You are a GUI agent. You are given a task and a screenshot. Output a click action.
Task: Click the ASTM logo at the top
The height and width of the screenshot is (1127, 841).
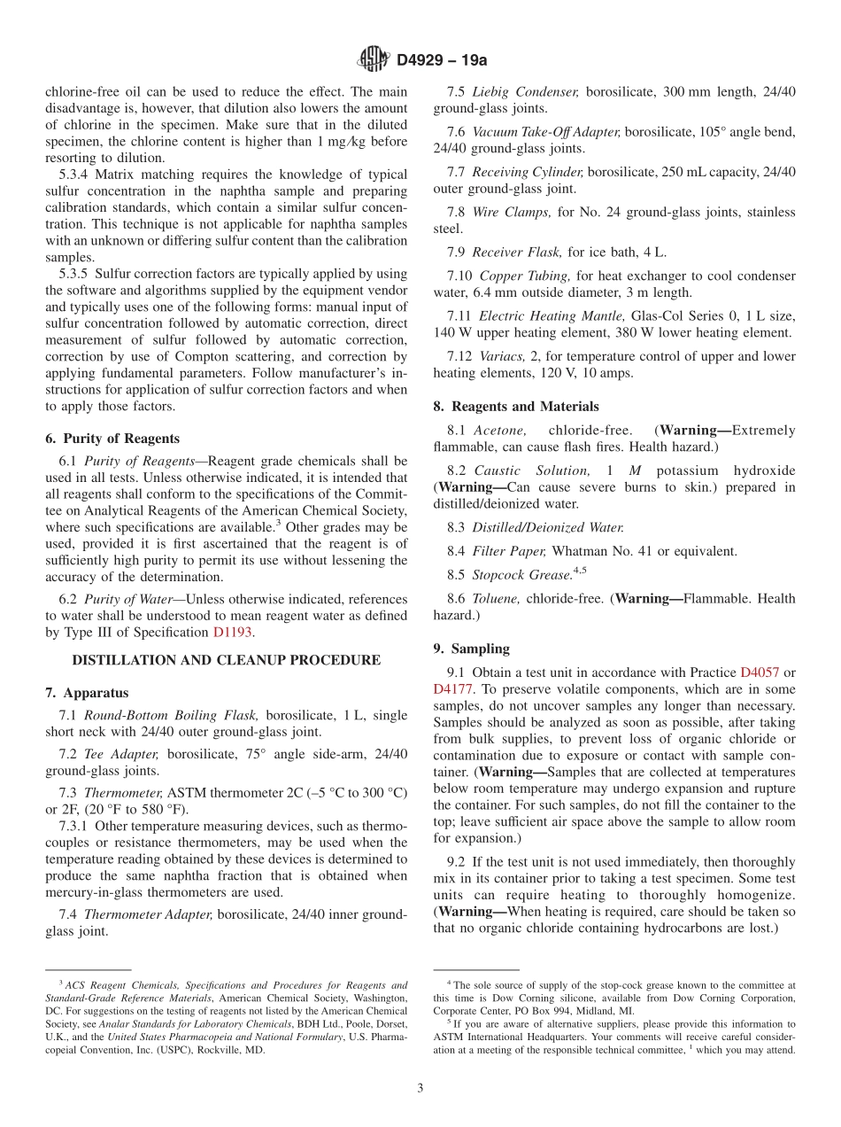372,59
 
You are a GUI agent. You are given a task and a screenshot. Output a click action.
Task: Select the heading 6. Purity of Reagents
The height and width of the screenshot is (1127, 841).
112,439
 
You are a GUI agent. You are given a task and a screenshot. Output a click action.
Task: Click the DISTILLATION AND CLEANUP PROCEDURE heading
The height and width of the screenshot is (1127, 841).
226,660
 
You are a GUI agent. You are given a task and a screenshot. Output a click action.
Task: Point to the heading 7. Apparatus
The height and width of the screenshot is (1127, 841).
87,693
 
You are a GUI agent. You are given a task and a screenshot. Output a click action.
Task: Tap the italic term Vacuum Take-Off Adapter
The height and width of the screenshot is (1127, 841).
546,132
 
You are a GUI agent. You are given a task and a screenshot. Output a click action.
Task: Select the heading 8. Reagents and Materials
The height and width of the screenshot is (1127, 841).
516,407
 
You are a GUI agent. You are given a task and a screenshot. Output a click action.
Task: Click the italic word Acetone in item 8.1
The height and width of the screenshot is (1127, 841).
500,430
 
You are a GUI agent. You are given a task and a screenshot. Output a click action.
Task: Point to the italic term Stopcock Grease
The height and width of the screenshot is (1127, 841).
521,575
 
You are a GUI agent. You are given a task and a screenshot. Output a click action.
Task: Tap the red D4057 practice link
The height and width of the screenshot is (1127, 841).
759,672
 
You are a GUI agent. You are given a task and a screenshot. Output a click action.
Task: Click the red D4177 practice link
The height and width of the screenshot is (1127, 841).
453,688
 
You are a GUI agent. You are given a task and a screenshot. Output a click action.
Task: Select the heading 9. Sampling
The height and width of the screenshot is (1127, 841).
471,649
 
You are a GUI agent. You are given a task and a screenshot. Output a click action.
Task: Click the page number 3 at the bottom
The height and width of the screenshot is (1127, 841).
420,1089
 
